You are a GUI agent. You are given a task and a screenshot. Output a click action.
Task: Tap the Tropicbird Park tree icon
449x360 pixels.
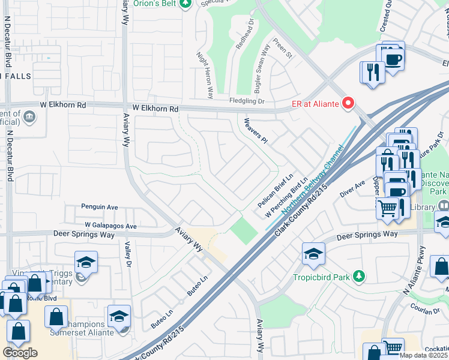(358, 277)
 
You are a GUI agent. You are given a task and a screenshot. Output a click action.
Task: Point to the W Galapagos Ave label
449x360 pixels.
(111, 226)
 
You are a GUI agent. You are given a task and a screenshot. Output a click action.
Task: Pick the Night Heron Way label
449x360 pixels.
(205, 75)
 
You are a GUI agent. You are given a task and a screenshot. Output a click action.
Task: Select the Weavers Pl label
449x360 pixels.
(255, 130)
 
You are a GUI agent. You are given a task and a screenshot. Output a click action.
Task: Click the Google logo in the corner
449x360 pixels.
(20, 353)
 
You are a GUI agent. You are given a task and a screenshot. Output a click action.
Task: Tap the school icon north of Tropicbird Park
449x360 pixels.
(313, 254)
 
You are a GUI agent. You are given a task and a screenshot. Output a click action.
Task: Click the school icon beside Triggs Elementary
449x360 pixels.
(86, 263)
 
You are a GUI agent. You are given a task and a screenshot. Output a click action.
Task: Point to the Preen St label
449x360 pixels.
(282, 50)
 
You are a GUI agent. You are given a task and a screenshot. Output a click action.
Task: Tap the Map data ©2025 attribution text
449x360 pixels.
(424, 355)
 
